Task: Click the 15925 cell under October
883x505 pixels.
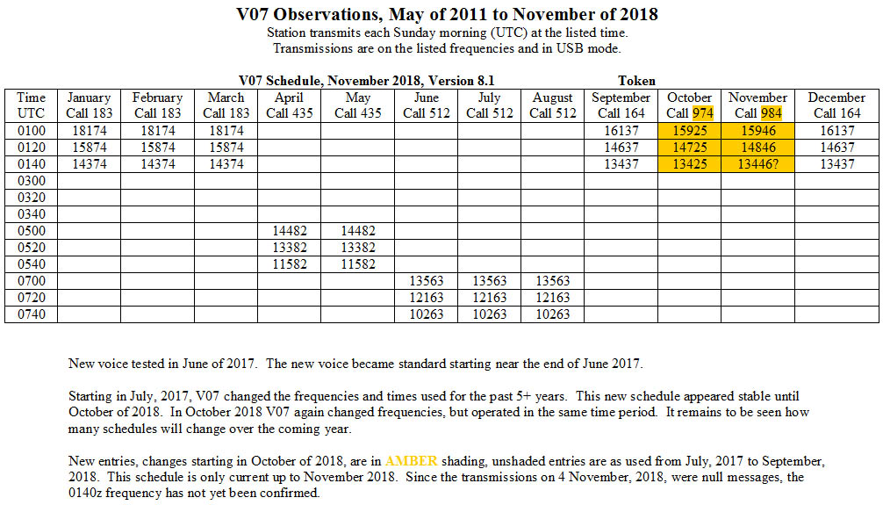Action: pyautogui.click(x=689, y=131)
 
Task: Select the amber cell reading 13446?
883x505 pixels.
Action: pyautogui.click(x=757, y=164)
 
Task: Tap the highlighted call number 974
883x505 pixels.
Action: pyautogui.click(x=703, y=113)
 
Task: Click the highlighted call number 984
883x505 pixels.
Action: pyautogui.click(x=772, y=113)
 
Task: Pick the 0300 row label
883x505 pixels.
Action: pyautogui.click(x=31, y=181)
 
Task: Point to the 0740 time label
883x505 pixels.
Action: pyautogui.click(x=31, y=314)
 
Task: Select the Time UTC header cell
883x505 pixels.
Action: pyautogui.click(x=31, y=105)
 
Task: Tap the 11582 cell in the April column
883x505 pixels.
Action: pyautogui.click(x=290, y=264)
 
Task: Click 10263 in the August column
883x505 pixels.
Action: pyautogui.click(x=552, y=314)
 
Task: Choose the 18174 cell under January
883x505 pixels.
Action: pyautogui.click(x=89, y=131)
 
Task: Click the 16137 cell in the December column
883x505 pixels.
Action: pyautogui.click(x=836, y=131)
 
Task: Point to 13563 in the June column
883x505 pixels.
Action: pyautogui.click(x=427, y=281)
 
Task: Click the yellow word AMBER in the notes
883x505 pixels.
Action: pyautogui.click(x=411, y=461)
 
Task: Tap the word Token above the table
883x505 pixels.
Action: pyautogui.click(x=636, y=81)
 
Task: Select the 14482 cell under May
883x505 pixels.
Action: pyautogui.click(x=357, y=231)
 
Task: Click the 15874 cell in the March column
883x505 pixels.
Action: pyautogui.click(x=226, y=148)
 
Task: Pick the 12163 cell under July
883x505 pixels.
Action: pyautogui.click(x=490, y=298)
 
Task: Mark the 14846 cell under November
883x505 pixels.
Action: pyautogui.click(x=758, y=148)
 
